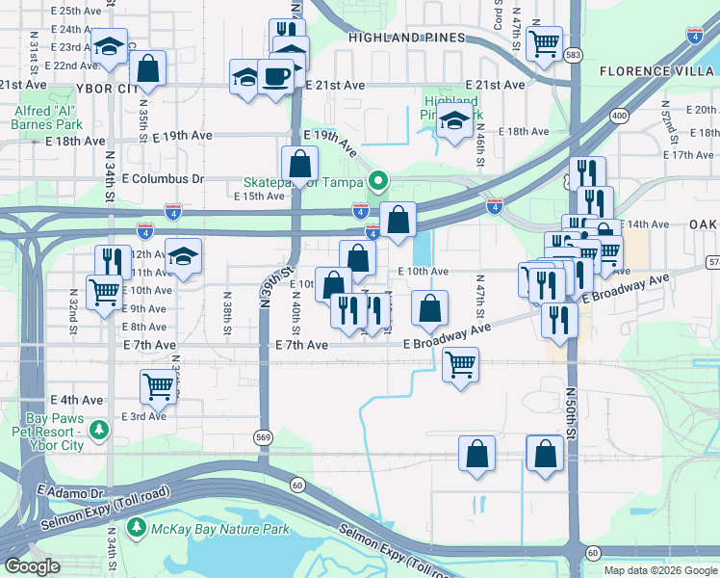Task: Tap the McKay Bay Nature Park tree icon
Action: click(x=136, y=528)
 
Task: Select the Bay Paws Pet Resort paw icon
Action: click(x=97, y=428)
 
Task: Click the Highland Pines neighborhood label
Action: click(x=407, y=38)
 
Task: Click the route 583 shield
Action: click(x=574, y=55)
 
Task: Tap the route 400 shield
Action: click(x=619, y=117)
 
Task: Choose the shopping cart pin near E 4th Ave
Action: click(x=157, y=387)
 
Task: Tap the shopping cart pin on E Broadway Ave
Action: click(x=461, y=365)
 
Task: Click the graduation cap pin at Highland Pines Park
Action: click(x=453, y=123)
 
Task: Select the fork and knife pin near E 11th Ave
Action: click(x=113, y=261)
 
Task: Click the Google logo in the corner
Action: click(x=32, y=566)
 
